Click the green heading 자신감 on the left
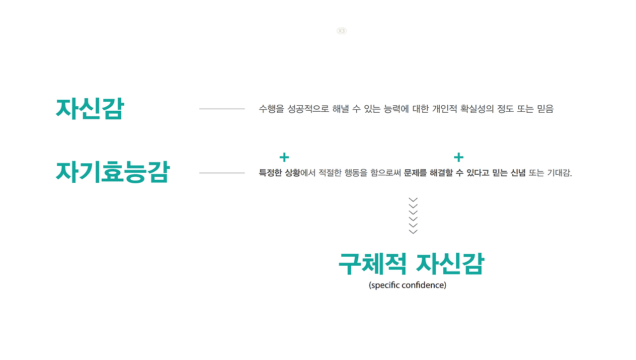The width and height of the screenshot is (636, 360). (x=89, y=108)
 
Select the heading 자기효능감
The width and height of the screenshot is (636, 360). (x=113, y=172)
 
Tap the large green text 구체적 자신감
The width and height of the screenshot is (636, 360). (x=410, y=264)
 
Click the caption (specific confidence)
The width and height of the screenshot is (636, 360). (x=407, y=286)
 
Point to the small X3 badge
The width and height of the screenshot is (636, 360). (x=341, y=31)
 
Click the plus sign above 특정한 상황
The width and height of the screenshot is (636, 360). (x=284, y=158)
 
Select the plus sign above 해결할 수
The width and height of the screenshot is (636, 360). (x=459, y=158)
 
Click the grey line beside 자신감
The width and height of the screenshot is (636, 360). (x=222, y=109)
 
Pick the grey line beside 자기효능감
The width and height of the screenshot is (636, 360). (x=222, y=173)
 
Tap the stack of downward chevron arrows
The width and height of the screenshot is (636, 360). (x=413, y=215)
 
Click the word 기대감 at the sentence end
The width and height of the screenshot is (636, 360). (x=559, y=173)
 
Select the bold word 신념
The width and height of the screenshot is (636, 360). (x=518, y=173)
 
